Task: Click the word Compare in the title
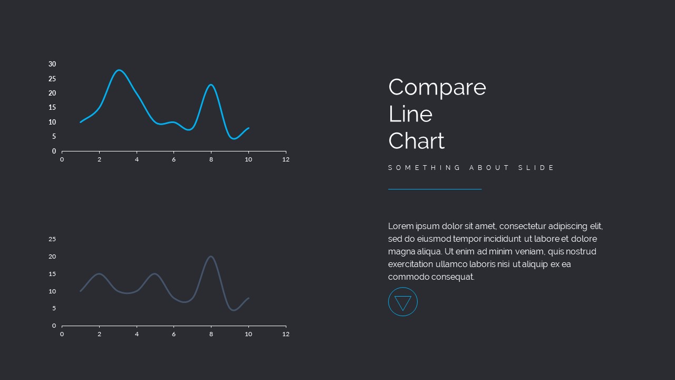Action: click(x=437, y=88)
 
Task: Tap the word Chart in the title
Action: click(x=416, y=141)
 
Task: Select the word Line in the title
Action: click(x=410, y=114)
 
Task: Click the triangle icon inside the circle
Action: click(x=403, y=302)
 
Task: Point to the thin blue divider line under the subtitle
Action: click(x=435, y=189)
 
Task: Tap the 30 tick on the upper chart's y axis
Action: click(x=52, y=64)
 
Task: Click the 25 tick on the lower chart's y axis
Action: click(x=52, y=239)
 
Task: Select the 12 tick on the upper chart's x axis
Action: click(x=286, y=159)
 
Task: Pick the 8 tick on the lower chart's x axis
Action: click(x=211, y=334)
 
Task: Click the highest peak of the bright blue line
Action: click(x=119, y=70)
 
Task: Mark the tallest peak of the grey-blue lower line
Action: click(x=211, y=256)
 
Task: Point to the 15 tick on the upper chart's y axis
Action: click(x=52, y=108)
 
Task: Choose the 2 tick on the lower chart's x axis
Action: click(x=99, y=334)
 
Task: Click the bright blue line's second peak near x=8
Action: click(x=211, y=84)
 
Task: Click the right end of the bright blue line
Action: click(x=248, y=128)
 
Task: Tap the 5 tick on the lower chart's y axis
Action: click(x=54, y=309)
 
